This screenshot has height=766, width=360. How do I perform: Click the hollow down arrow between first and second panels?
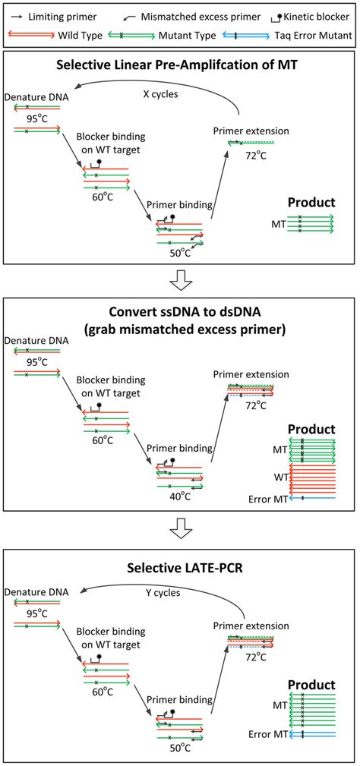coord(179,280)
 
